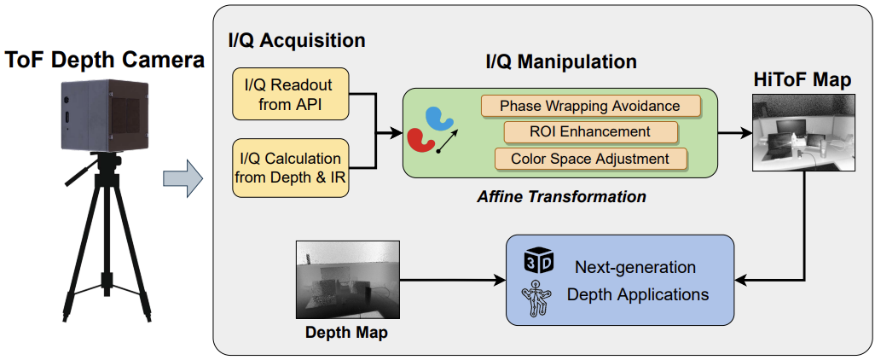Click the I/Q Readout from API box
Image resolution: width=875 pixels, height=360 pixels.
click(290, 94)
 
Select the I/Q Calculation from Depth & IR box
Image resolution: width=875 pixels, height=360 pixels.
click(290, 168)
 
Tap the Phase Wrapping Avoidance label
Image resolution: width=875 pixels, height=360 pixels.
click(590, 106)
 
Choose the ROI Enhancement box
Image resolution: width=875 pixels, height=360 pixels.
click(590, 131)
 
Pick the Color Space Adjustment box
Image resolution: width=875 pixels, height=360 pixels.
click(590, 159)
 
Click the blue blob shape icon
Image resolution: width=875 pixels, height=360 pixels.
click(439, 118)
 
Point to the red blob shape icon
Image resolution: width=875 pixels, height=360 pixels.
click(420, 140)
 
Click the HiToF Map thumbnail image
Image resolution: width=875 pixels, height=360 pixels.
click(803, 132)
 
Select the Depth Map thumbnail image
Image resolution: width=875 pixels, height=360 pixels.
click(347, 280)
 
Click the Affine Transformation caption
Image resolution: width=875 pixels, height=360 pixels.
click(561, 196)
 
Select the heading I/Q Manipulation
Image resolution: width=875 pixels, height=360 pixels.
click(561, 61)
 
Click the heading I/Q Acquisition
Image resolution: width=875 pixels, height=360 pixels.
click(297, 40)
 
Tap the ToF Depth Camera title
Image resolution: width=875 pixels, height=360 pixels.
click(105, 61)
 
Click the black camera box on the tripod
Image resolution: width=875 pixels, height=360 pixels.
click(106, 115)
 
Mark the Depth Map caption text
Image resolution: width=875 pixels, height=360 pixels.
click(346, 334)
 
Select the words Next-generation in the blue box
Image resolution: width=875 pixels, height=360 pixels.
click(635, 267)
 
